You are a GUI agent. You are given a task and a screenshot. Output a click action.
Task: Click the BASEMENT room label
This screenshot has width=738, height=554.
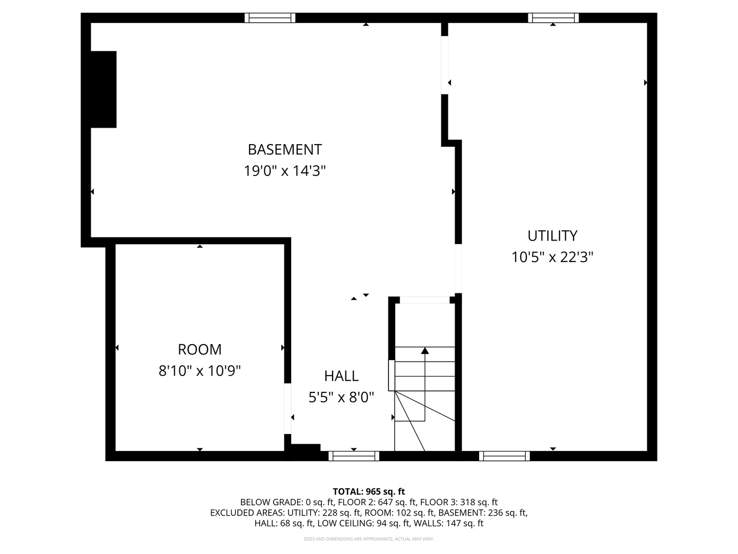(284, 150)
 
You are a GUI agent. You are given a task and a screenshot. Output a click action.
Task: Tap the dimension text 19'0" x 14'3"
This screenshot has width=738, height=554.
(284, 171)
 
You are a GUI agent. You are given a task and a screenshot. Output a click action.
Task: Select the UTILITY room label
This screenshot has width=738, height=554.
(552, 236)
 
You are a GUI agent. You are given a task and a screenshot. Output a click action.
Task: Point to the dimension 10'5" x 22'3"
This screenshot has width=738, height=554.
(552, 258)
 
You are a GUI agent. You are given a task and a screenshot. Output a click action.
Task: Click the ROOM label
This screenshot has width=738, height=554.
(200, 349)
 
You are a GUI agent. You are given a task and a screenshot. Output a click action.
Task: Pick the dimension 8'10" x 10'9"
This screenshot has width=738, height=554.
(200, 371)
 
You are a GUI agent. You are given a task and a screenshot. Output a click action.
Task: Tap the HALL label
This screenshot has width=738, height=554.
(341, 376)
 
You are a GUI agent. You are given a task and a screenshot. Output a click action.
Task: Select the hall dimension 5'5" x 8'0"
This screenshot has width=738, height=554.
(341, 397)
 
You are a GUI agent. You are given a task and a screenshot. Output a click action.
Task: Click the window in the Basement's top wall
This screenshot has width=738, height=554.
(270, 18)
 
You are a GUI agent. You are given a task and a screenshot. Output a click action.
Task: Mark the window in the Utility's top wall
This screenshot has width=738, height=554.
(553, 18)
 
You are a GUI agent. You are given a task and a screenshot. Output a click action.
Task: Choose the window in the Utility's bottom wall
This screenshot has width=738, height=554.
(504, 456)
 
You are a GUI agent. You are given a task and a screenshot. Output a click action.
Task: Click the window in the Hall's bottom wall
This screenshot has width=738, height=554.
(354, 456)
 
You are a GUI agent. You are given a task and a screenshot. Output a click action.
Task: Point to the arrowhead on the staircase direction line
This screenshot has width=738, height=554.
(425, 351)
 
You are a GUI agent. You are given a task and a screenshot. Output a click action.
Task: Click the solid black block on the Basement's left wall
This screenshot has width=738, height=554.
(104, 89)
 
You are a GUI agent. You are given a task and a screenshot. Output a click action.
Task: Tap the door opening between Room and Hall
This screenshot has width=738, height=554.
(288, 409)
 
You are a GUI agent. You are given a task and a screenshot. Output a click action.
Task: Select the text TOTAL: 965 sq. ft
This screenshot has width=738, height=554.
(369, 491)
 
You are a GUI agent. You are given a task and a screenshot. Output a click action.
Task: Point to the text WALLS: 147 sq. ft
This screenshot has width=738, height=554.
(448, 523)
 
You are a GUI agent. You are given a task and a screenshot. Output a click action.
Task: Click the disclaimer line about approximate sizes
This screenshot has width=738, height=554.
(369, 539)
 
